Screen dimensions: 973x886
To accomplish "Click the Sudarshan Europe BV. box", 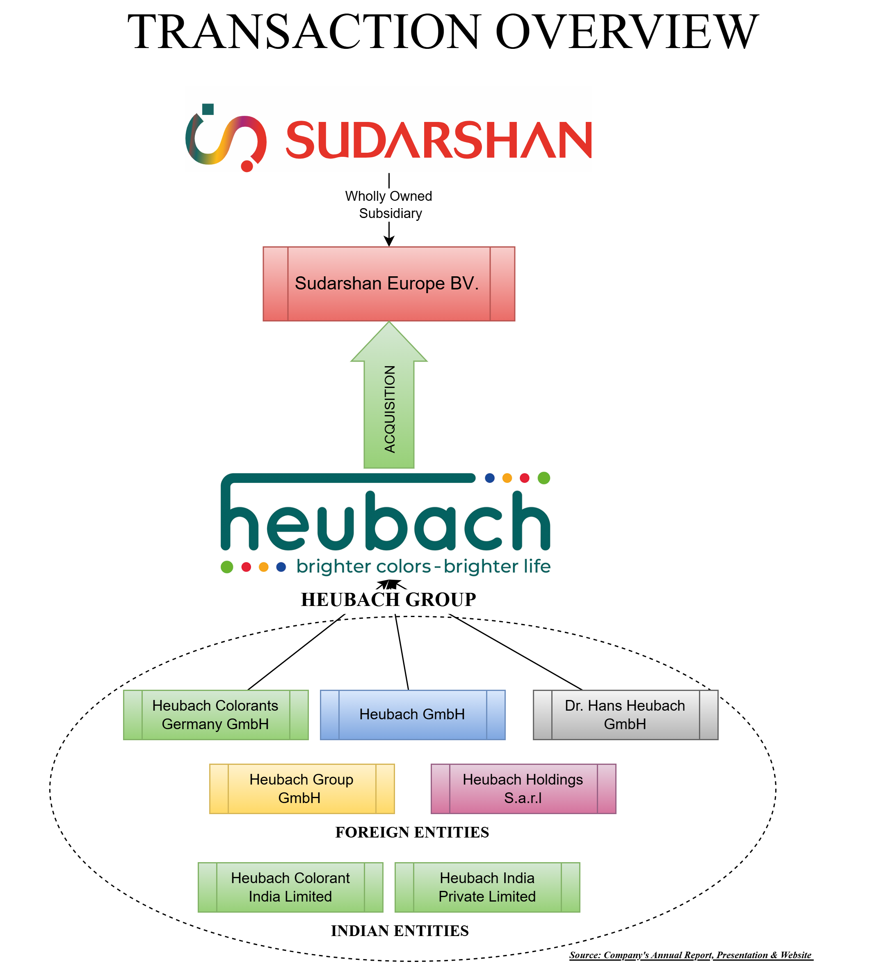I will click(389, 284).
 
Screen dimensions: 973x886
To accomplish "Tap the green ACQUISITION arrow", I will click(389, 410).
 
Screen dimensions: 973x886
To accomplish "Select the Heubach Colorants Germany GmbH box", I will click(216, 715).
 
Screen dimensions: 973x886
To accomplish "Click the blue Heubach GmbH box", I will click(412, 715).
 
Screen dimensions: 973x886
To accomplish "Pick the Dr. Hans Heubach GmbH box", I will click(625, 715).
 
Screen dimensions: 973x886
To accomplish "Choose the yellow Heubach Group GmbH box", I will click(301, 789).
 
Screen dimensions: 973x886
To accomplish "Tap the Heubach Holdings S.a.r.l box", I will click(523, 789).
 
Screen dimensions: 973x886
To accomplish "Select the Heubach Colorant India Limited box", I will click(290, 887).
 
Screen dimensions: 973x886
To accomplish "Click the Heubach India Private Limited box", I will click(487, 887).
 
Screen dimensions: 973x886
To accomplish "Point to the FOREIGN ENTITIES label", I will click(412, 833).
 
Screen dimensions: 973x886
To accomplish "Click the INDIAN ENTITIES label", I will click(400, 931).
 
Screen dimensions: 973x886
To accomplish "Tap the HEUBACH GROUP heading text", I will click(388, 600).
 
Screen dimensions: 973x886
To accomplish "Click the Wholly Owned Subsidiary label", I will click(389, 204).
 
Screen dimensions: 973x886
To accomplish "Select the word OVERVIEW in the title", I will click(627, 32).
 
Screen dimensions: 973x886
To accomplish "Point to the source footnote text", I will click(691, 955).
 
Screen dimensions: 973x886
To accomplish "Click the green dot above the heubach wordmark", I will click(543, 478).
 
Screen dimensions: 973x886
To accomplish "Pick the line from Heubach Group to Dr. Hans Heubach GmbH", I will click(516, 652).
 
